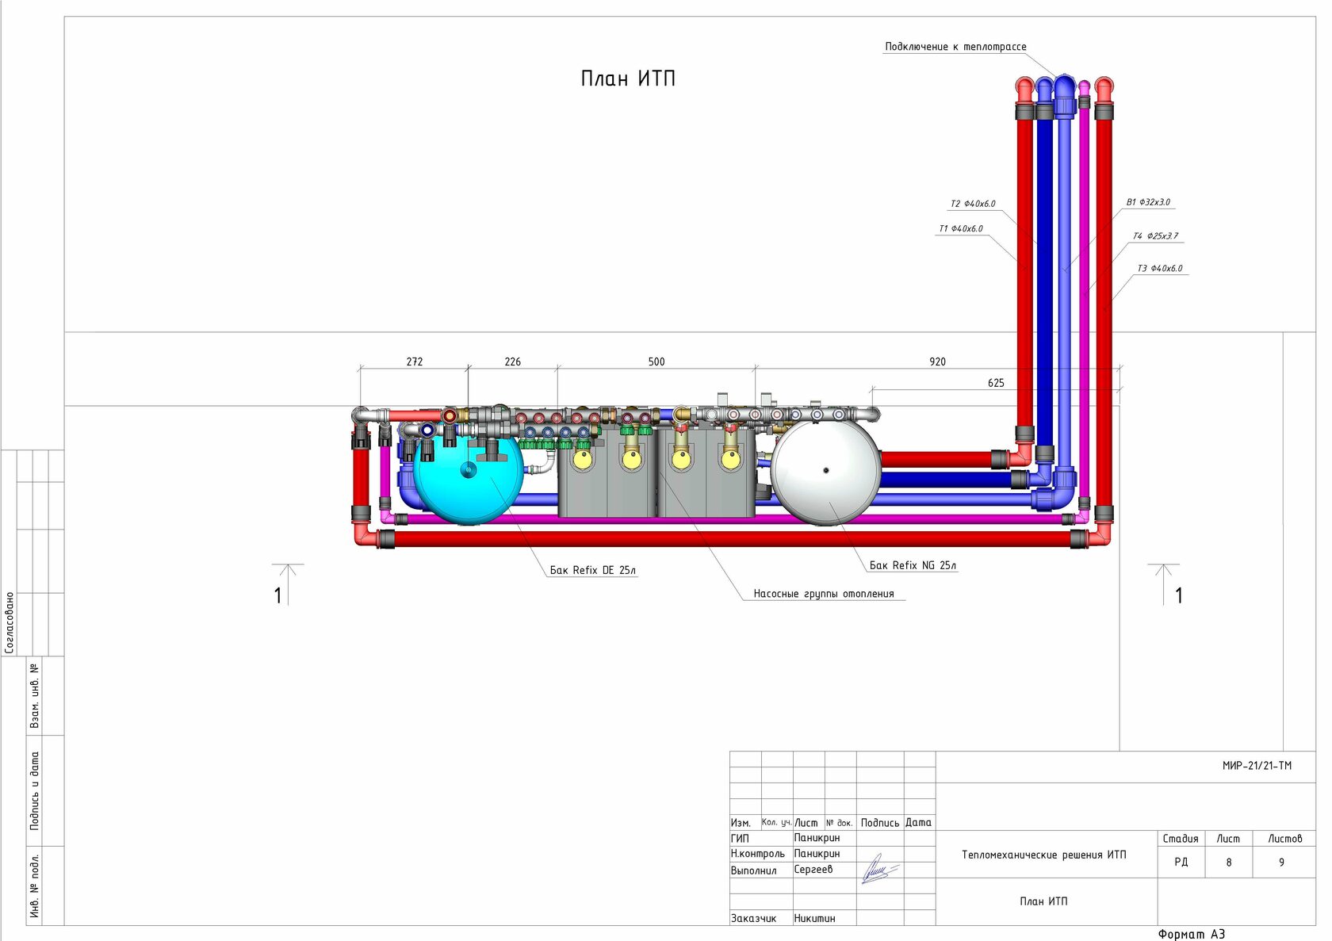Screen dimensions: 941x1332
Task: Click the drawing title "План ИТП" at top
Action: tap(628, 78)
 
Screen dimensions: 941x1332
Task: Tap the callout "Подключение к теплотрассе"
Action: tap(955, 47)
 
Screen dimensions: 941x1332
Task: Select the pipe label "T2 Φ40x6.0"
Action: tap(973, 204)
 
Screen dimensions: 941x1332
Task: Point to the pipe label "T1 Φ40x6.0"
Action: tap(961, 229)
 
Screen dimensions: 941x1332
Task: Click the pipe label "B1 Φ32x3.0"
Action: tap(1148, 203)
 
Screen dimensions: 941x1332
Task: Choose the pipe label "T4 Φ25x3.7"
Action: tap(1155, 236)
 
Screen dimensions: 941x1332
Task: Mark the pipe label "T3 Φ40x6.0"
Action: tap(1159, 269)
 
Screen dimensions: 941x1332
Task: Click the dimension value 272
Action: tap(415, 361)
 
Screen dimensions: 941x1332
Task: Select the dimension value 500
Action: tap(656, 361)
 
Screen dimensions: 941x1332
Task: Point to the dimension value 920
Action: tap(937, 361)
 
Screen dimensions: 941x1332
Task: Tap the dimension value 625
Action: tap(996, 383)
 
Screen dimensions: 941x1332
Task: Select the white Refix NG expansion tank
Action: tap(826, 472)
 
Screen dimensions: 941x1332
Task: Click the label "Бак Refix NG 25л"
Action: tap(913, 565)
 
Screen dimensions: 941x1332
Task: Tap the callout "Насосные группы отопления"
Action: tap(824, 594)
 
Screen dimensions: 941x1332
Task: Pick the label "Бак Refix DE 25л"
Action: tap(593, 570)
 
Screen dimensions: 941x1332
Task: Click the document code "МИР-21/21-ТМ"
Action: tap(1257, 766)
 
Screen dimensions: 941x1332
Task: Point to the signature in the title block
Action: tap(878, 870)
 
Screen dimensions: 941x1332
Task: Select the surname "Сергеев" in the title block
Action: tap(813, 870)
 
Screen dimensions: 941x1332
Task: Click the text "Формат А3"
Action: tap(1191, 934)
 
